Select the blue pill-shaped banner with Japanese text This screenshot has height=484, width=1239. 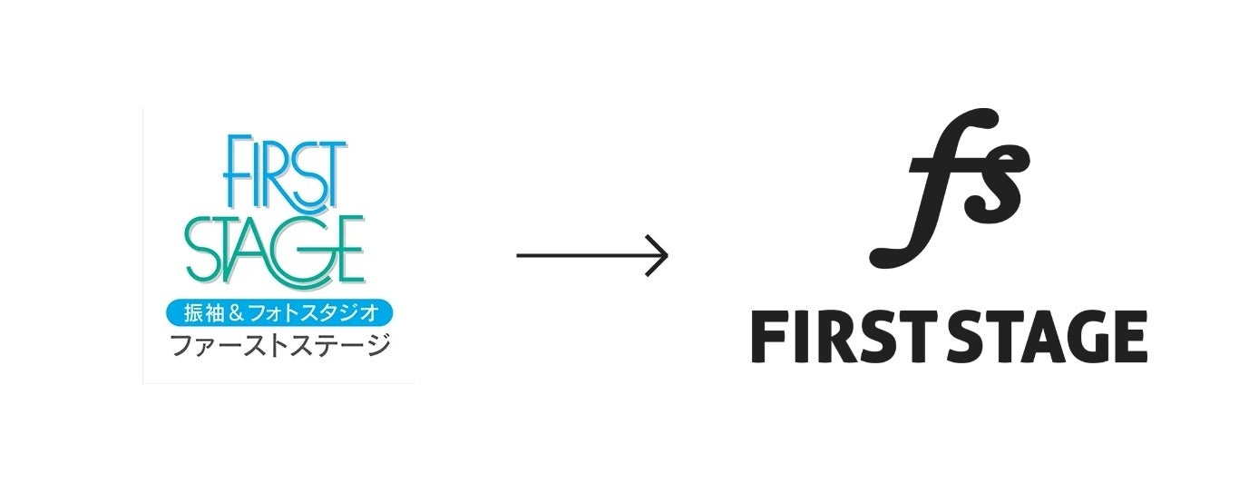point(278,313)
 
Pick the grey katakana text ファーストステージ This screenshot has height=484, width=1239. point(279,345)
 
